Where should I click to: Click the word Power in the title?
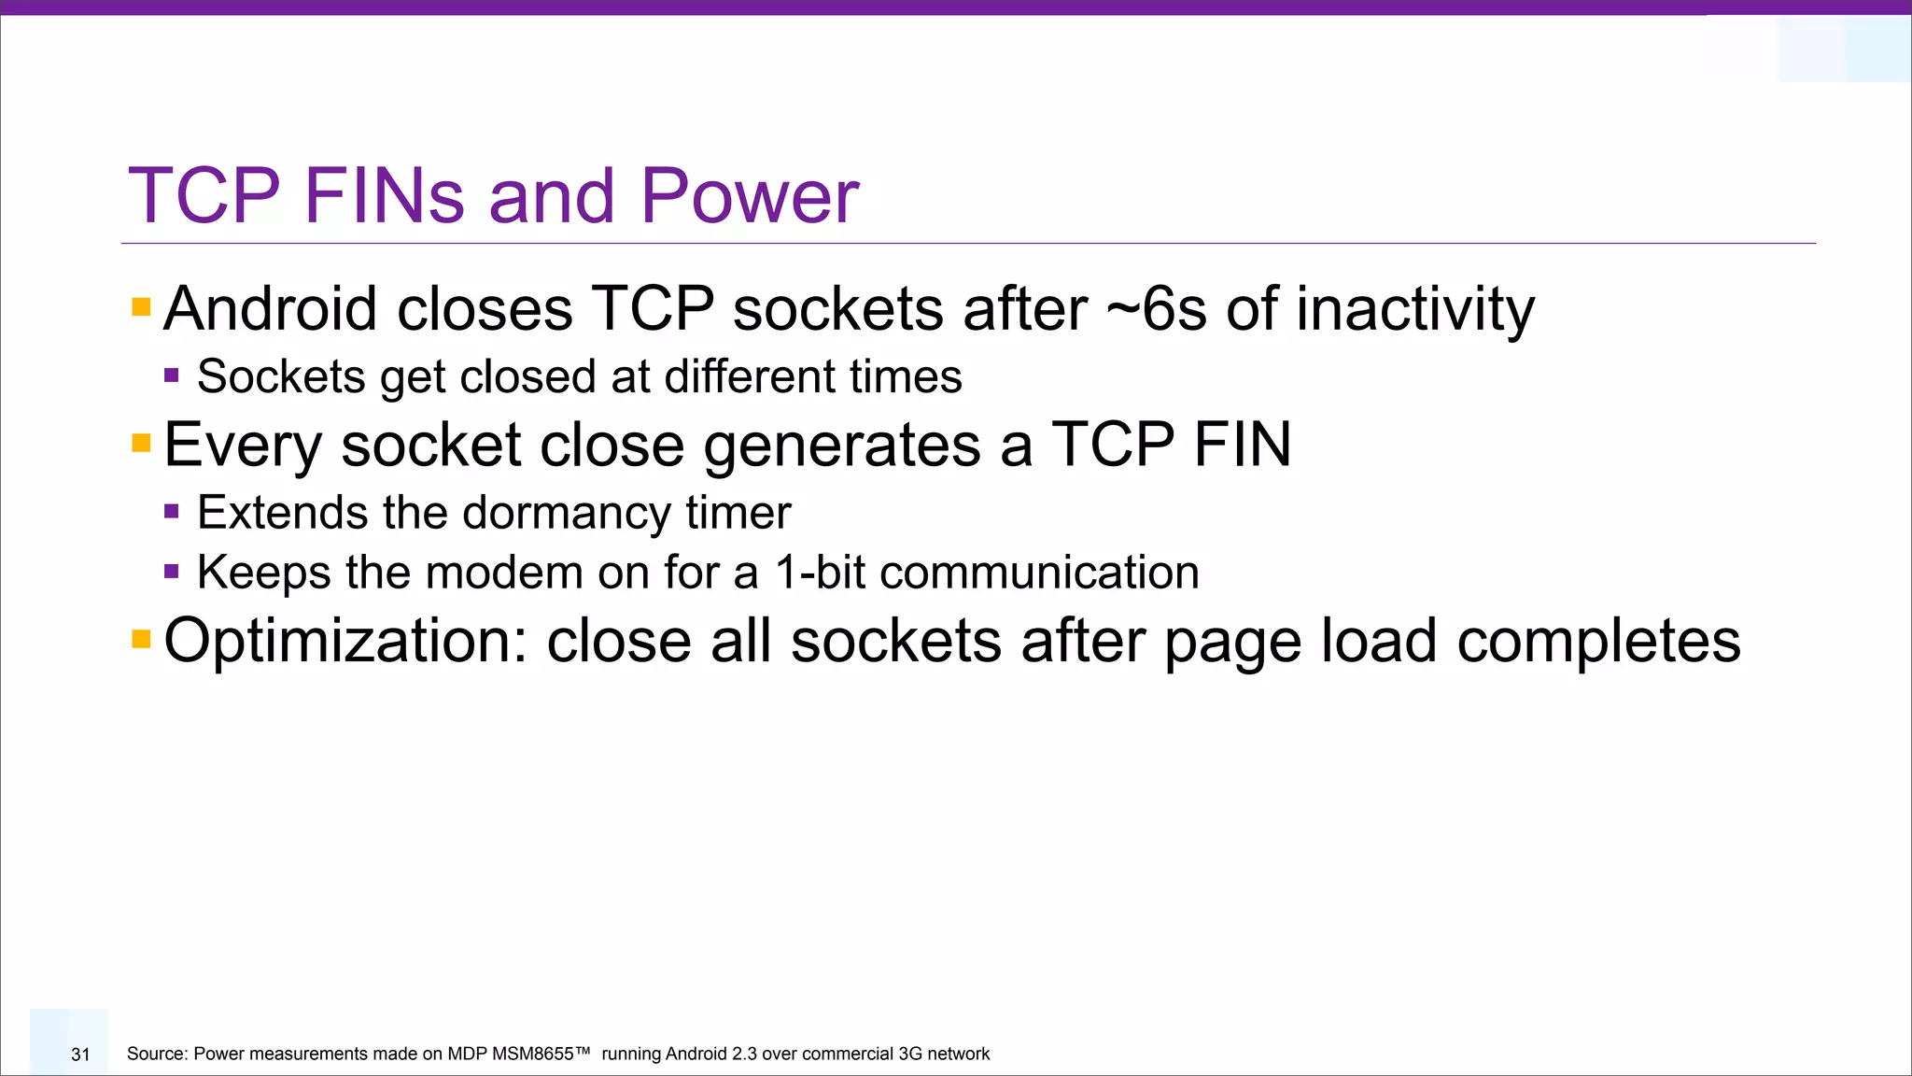[749, 196]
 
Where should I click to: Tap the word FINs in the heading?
[384, 196]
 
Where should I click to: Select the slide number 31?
[80, 1055]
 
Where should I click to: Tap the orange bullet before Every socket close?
[141, 443]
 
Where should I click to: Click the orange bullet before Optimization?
[141, 640]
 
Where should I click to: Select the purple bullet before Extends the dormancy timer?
[171, 511]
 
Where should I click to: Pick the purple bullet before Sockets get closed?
[171, 375]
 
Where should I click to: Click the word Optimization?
[346, 642]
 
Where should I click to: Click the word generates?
[841, 445]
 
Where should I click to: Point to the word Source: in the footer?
[157, 1055]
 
